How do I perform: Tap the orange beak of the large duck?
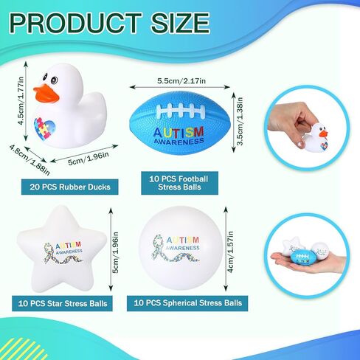pos(46,94)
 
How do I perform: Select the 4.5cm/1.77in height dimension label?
pos(21,101)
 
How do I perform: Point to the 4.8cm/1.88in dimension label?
pos(30,160)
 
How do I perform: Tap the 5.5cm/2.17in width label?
pos(181,80)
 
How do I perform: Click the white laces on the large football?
pos(181,111)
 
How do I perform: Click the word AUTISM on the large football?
pos(179,133)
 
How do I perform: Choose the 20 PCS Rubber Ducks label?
pos(70,187)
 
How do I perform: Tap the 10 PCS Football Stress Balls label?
pos(179,183)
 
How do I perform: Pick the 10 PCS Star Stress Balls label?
pos(63,303)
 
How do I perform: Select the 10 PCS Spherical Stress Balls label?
pos(187,303)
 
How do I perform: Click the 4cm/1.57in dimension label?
pos(230,252)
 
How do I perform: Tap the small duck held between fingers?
pos(316,138)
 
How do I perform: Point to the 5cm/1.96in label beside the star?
pos(115,252)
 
